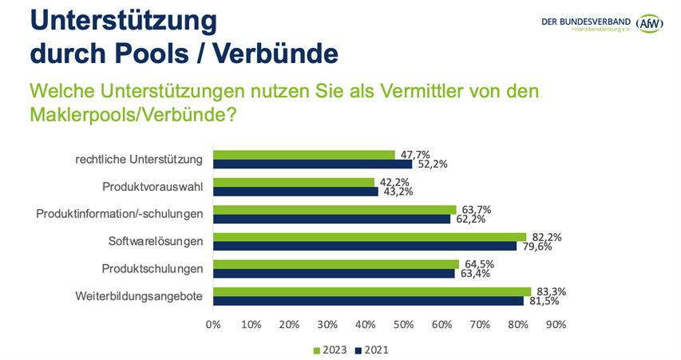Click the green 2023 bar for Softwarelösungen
tap(370, 236)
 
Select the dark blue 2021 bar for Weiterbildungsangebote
tap(368, 301)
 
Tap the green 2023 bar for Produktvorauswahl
tap(294, 182)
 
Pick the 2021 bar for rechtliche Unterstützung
tap(312, 164)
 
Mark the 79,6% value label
tap(536, 247)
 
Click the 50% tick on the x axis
tap(404, 326)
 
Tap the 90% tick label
tap(556, 326)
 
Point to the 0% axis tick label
tap(213, 326)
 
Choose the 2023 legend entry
tap(329, 350)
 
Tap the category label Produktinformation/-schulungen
tap(121, 214)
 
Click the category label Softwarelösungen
tap(156, 241)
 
